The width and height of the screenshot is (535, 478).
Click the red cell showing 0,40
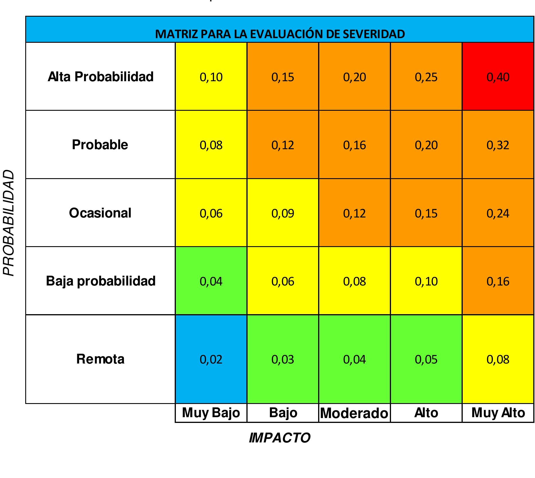[x=498, y=77]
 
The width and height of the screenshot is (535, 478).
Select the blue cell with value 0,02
[x=211, y=359]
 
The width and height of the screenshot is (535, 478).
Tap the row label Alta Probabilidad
[x=100, y=77]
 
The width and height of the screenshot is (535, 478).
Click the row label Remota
[x=100, y=359]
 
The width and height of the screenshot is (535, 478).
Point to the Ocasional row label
[x=100, y=213]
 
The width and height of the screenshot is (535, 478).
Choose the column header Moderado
[x=354, y=413]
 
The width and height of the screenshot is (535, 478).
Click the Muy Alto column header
[x=498, y=413]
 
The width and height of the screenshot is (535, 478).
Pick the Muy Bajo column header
[x=211, y=413]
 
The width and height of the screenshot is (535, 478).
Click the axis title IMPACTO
[x=280, y=438]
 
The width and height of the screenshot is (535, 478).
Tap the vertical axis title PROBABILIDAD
[x=9, y=223]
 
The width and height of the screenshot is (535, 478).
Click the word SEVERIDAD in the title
[x=374, y=34]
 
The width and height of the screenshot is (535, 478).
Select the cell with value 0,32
[x=498, y=145]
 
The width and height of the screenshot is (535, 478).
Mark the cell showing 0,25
[x=426, y=77]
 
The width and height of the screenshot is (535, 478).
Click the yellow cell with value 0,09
[x=283, y=213]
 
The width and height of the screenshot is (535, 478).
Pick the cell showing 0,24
[x=498, y=213]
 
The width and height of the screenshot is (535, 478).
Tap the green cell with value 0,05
[x=426, y=359]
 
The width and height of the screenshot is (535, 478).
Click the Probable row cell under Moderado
[x=354, y=145]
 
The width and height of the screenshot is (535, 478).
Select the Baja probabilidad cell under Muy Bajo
[x=211, y=281]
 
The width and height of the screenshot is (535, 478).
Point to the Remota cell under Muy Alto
[x=498, y=359]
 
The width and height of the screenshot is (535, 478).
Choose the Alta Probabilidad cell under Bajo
[x=283, y=77]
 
